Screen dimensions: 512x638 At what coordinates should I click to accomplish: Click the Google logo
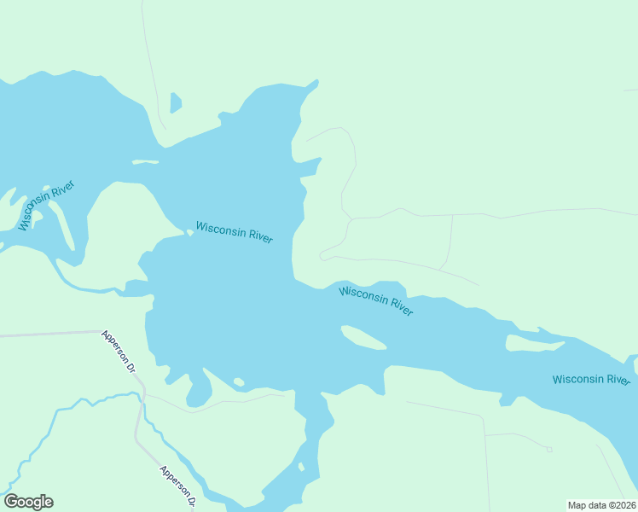point(28,502)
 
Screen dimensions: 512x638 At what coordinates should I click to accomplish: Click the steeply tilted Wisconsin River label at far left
point(46,206)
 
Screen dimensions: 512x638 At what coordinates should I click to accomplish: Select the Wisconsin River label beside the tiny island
point(234,232)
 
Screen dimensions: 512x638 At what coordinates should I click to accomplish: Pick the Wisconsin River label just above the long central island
point(375,302)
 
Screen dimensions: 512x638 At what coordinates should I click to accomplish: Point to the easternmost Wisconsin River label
point(590,379)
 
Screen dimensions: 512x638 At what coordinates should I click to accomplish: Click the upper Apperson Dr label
point(119,352)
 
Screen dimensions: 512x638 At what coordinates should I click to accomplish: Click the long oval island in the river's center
point(363,338)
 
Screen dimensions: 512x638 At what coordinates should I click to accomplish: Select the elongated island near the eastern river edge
point(534,343)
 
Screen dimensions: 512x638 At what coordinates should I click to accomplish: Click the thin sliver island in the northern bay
point(145,162)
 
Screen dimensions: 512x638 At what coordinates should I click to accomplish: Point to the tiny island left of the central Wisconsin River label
point(189,232)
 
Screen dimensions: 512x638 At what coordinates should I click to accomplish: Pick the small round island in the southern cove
point(239,381)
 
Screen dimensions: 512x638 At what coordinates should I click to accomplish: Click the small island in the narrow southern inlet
point(301,466)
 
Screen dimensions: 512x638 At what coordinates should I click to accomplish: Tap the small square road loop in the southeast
point(549,450)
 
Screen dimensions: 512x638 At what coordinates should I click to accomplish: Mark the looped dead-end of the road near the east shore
point(325,254)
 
